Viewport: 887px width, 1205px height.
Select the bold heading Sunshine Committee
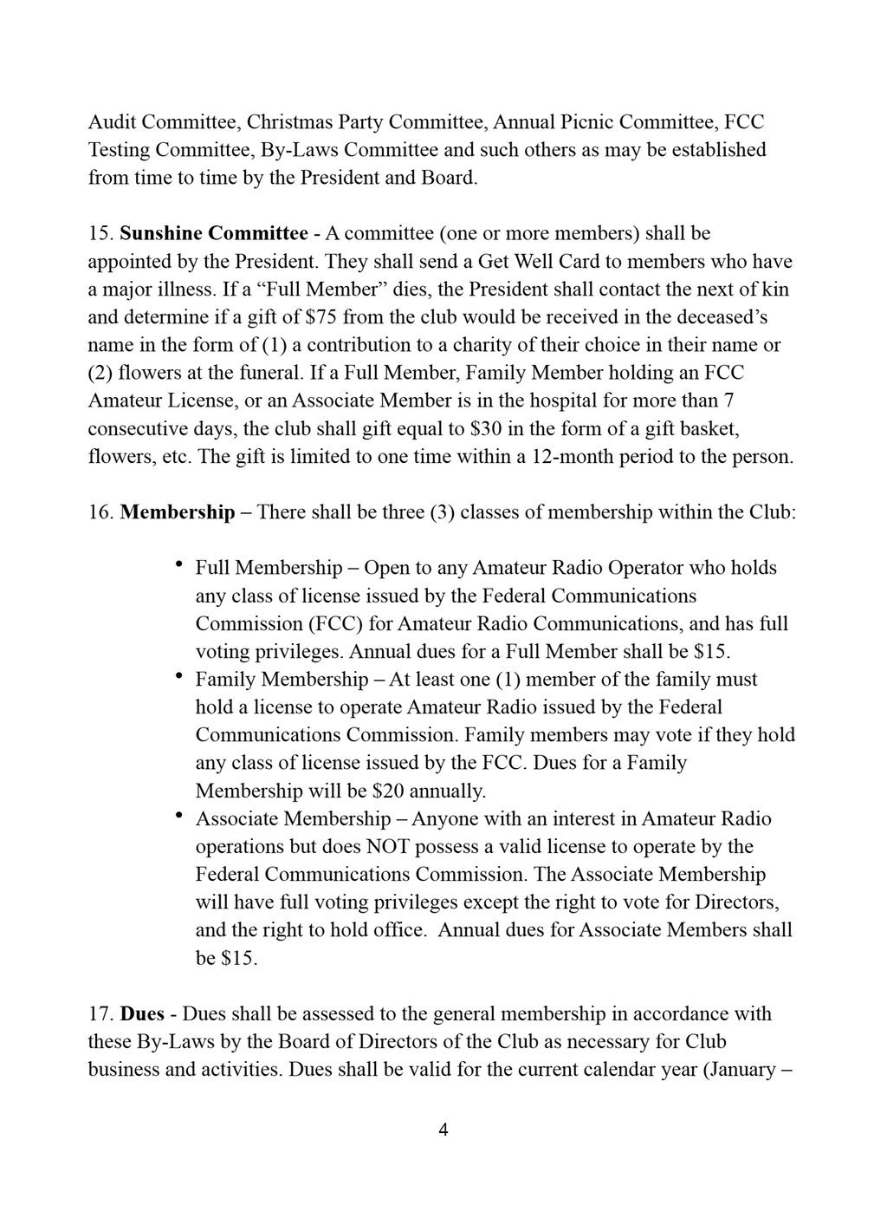[213, 233]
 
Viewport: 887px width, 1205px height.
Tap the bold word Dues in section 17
[142, 1013]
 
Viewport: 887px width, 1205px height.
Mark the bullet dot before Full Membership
[178, 566]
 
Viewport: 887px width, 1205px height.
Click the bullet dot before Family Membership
[178, 677]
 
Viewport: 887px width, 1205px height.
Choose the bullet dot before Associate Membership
[178, 817]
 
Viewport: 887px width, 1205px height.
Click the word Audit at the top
[112, 121]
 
